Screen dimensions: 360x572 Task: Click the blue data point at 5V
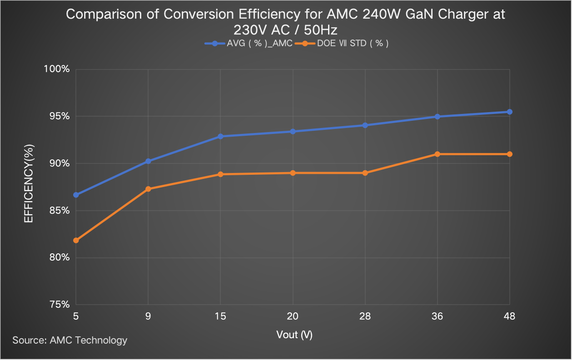click(76, 195)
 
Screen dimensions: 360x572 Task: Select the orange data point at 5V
click(76, 240)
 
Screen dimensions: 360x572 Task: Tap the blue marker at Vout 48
click(510, 112)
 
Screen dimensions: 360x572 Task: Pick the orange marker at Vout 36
click(438, 154)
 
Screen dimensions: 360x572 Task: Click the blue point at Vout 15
click(220, 136)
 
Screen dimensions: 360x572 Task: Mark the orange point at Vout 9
click(148, 189)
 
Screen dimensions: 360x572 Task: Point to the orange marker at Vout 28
click(365, 173)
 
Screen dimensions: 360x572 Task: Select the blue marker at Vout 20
click(293, 131)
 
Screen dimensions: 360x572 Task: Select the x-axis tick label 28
click(365, 317)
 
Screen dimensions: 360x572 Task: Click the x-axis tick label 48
click(510, 317)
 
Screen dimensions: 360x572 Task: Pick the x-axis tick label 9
click(148, 317)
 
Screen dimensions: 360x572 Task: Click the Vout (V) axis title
click(294, 335)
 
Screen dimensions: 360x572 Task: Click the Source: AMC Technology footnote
click(70, 340)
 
